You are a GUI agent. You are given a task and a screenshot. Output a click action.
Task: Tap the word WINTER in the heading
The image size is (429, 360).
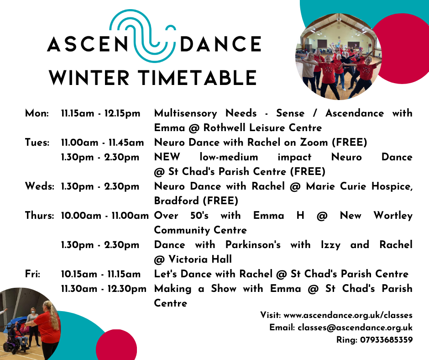pos(89,78)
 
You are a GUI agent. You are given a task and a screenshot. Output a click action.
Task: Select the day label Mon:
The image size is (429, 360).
pos(37,113)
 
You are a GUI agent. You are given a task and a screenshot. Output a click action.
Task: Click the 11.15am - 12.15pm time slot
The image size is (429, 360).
pos(101,113)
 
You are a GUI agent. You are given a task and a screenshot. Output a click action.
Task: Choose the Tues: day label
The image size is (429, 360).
pos(37,143)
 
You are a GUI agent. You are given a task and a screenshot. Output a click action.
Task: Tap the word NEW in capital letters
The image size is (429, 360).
pos(167,157)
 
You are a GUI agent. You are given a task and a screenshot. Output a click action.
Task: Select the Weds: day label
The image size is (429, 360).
pos(39,186)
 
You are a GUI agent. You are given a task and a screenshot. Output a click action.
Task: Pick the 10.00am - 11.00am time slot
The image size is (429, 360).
pos(105,216)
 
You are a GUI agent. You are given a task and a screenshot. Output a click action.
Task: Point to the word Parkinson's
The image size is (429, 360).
pos(253,245)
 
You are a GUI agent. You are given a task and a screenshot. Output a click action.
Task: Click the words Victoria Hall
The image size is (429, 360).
pos(200,259)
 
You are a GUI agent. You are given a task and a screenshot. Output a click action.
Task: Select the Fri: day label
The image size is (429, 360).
pos(32,274)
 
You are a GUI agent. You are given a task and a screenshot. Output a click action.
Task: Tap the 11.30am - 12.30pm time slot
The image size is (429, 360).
pos(104,288)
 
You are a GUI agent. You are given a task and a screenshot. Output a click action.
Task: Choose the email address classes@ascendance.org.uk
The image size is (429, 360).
pos(355,328)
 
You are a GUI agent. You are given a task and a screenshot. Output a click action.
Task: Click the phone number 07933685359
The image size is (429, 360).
pos(386,340)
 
